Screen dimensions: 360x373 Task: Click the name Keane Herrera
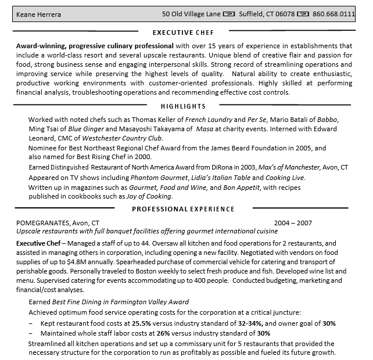click(38, 14)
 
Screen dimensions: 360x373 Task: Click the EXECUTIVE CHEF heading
click(183, 33)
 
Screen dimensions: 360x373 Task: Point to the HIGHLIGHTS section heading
click(183, 106)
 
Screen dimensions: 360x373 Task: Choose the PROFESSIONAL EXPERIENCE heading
click(183, 209)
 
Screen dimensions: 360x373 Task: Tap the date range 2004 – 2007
click(293, 222)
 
